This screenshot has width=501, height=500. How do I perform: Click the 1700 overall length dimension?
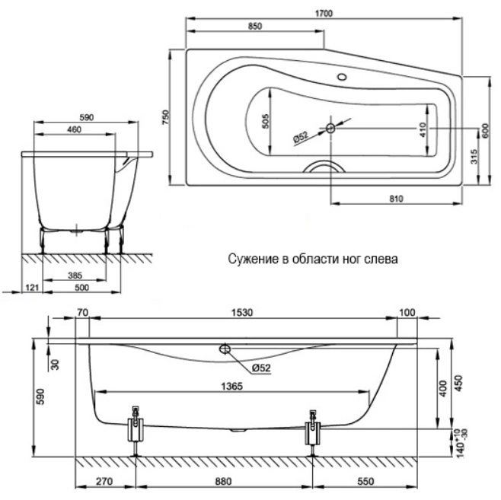[324, 14]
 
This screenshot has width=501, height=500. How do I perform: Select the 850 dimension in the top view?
[255, 26]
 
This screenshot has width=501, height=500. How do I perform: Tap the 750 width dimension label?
[166, 117]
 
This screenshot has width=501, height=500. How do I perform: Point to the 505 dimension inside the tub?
[265, 121]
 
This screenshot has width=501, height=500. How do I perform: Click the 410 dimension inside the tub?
[423, 129]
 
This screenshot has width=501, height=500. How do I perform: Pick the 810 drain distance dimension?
[396, 199]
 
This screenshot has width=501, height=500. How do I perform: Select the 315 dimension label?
[474, 157]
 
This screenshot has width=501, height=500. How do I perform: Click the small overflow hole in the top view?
[342, 77]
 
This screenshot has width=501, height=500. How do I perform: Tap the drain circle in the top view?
[330, 129]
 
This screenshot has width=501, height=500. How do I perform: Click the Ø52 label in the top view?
[301, 137]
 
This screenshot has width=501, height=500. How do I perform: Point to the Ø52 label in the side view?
[261, 368]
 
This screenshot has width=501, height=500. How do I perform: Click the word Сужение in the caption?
[254, 259]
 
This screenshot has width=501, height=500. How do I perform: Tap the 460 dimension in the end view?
[74, 129]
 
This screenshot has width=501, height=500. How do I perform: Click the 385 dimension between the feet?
[75, 275]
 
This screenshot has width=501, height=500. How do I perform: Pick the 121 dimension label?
[32, 288]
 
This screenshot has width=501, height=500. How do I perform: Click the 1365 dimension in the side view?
[232, 387]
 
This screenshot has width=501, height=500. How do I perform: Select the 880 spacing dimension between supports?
[222, 481]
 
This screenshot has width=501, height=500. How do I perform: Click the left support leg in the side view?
[136, 431]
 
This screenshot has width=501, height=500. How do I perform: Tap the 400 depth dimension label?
[443, 388]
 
